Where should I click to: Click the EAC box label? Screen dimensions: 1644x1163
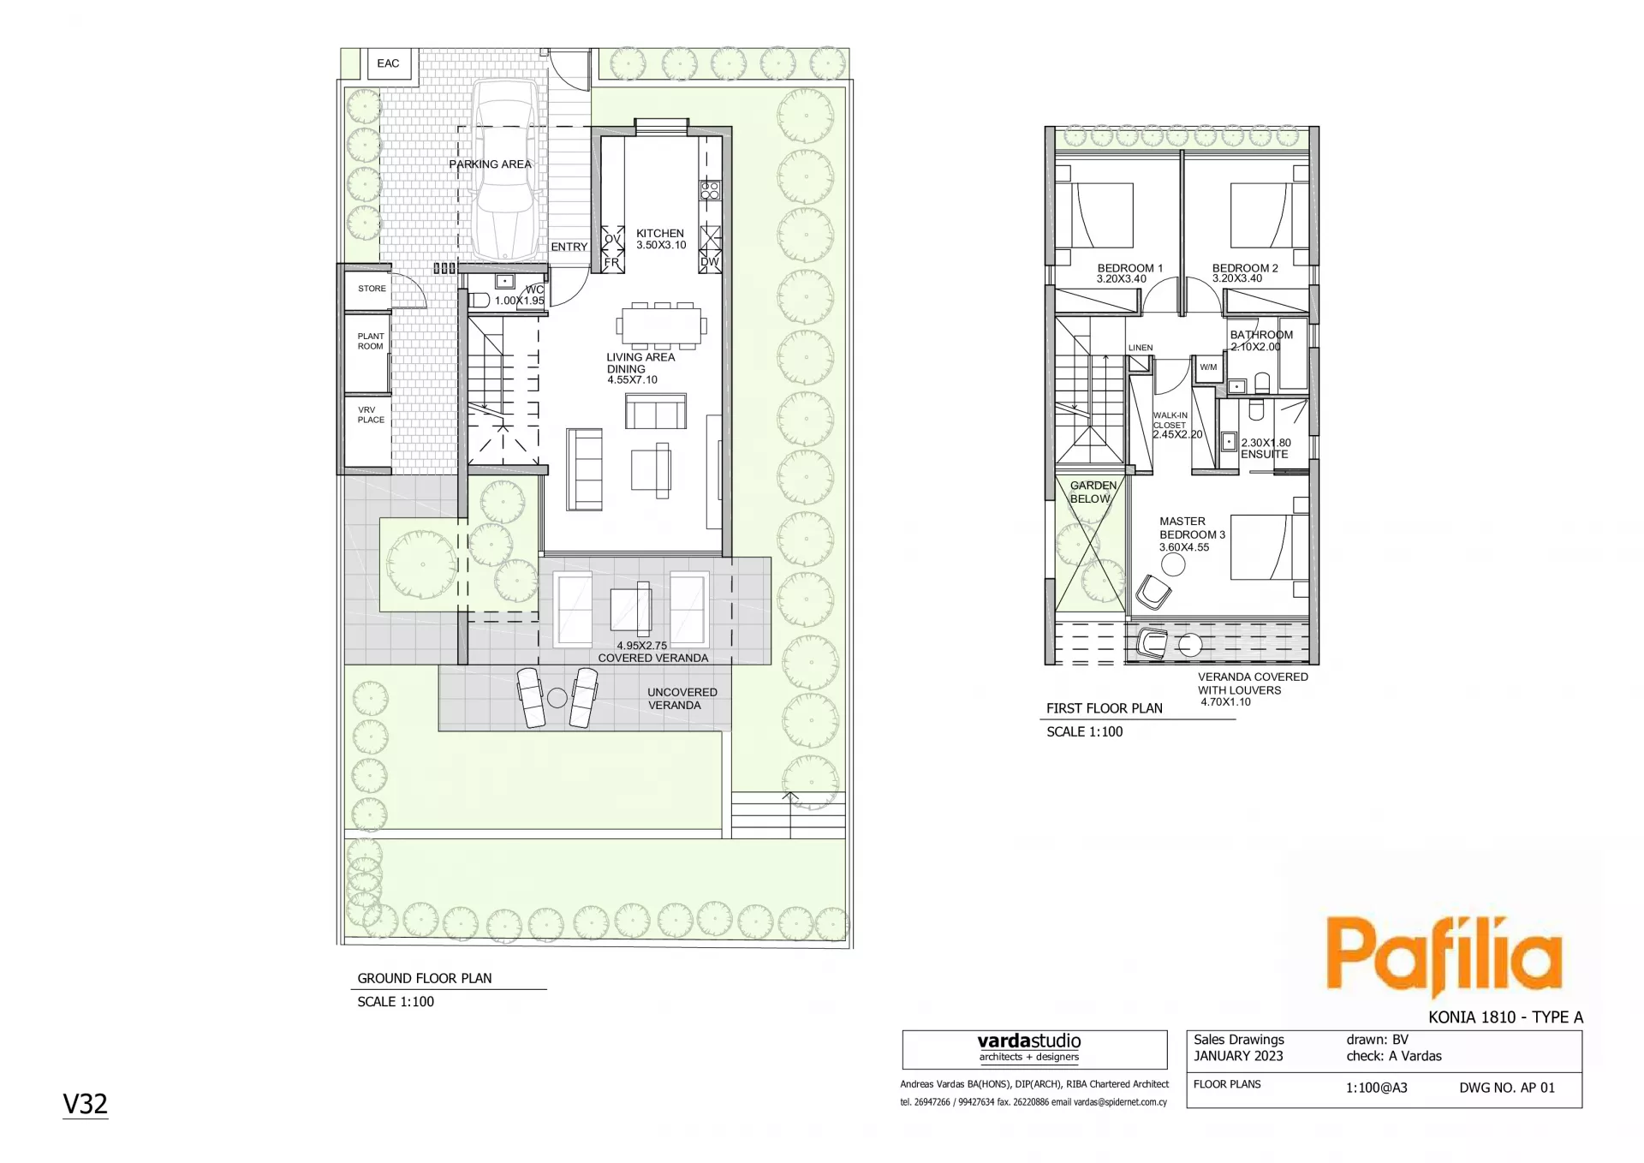[x=388, y=63]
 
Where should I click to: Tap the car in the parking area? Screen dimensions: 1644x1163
[x=507, y=170]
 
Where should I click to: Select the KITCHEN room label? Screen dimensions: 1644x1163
[x=660, y=233]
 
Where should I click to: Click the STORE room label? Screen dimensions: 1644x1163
[x=372, y=289]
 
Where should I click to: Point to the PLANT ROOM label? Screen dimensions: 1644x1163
[x=371, y=341]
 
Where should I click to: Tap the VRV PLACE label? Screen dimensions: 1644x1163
[x=371, y=415]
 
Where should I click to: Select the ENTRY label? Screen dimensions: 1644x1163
[x=569, y=247]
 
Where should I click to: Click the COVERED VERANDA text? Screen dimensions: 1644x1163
[x=653, y=658]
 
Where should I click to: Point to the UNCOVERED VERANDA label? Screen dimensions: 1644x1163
[x=682, y=699]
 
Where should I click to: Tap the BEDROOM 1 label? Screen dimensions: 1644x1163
[x=1130, y=268]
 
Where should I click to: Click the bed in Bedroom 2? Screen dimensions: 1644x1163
[x=1260, y=215]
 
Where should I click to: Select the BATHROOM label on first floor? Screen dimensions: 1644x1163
[x=1261, y=335]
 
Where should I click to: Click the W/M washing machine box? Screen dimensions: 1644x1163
[x=1208, y=367]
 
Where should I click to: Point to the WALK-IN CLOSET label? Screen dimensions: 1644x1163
[x=1170, y=420]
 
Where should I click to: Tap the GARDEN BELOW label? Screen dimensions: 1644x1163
[x=1093, y=492]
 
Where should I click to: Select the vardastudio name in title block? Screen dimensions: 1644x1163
[x=1029, y=1041]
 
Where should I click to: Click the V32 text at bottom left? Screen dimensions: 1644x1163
[x=86, y=1104]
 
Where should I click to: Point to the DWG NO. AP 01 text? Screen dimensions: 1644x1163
[x=1507, y=1088]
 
